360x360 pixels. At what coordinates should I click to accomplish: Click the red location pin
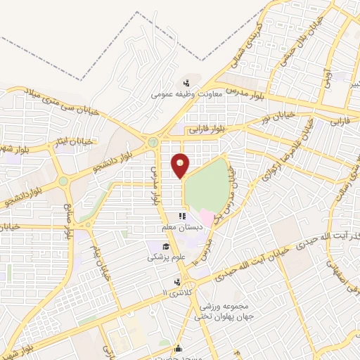coord(181,165)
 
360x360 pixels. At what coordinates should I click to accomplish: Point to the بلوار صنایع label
coord(70,221)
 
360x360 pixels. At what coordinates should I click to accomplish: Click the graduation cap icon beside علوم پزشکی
coord(166,246)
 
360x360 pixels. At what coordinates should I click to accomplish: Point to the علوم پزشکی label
coord(165,258)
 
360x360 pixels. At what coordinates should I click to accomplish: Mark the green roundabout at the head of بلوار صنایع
coord(64,181)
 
